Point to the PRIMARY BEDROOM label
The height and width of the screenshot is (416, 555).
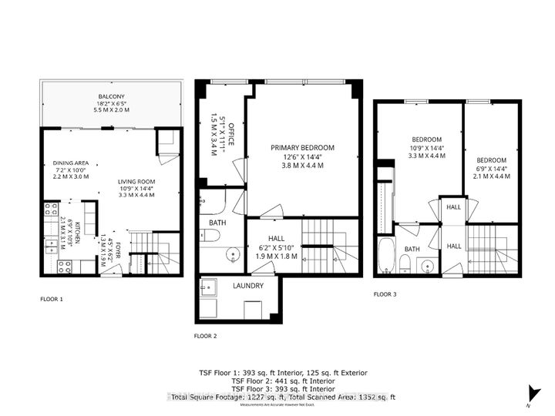click(301, 147)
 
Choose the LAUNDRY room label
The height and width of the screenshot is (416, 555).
click(248, 286)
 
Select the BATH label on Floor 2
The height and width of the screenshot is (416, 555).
click(217, 224)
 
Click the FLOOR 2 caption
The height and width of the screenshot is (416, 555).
click(205, 336)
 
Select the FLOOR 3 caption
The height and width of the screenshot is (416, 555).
click(385, 294)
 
